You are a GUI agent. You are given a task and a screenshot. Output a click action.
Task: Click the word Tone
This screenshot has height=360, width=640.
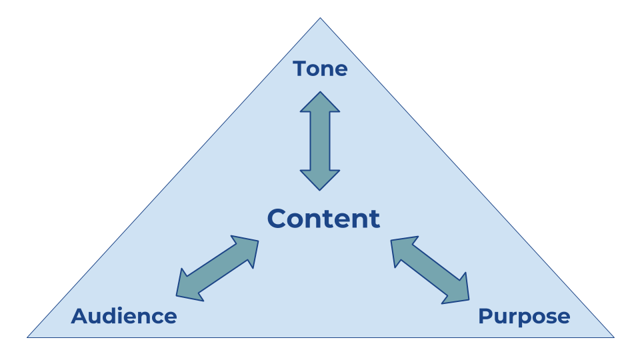pyautogui.click(x=320, y=69)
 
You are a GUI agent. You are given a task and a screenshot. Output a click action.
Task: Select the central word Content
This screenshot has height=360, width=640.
pyautogui.click(x=324, y=219)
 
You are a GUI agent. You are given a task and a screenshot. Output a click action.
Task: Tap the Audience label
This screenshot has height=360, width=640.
pyautogui.click(x=124, y=316)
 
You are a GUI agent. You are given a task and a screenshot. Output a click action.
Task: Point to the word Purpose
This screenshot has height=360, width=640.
pyautogui.click(x=524, y=316)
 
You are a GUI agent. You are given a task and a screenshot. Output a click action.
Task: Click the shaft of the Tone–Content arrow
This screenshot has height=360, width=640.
pyautogui.click(x=320, y=141)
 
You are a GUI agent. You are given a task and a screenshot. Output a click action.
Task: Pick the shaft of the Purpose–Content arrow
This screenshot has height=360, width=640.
pyautogui.click(x=430, y=269)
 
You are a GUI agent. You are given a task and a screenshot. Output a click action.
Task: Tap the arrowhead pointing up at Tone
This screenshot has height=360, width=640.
pyautogui.click(x=320, y=101)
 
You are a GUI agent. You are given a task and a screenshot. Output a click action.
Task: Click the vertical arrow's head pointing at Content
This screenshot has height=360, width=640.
pyautogui.click(x=320, y=181)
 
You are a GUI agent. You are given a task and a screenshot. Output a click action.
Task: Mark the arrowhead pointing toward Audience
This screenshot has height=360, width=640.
pyautogui.click(x=186, y=286)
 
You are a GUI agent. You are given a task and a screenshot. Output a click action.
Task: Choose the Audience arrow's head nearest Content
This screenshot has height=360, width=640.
pyautogui.click(x=247, y=247)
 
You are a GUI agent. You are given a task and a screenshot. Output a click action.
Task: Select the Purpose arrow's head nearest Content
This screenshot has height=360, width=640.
pyautogui.click(x=402, y=249)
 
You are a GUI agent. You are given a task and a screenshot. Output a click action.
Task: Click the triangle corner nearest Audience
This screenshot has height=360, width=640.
pyautogui.click(x=29, y=337)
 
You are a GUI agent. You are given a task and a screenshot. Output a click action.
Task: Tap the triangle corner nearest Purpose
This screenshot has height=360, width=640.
pyautogui.click(x=612, y=337)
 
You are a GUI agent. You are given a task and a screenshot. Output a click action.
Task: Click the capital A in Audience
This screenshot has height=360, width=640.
pyautogui.click(x=79, y=316)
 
